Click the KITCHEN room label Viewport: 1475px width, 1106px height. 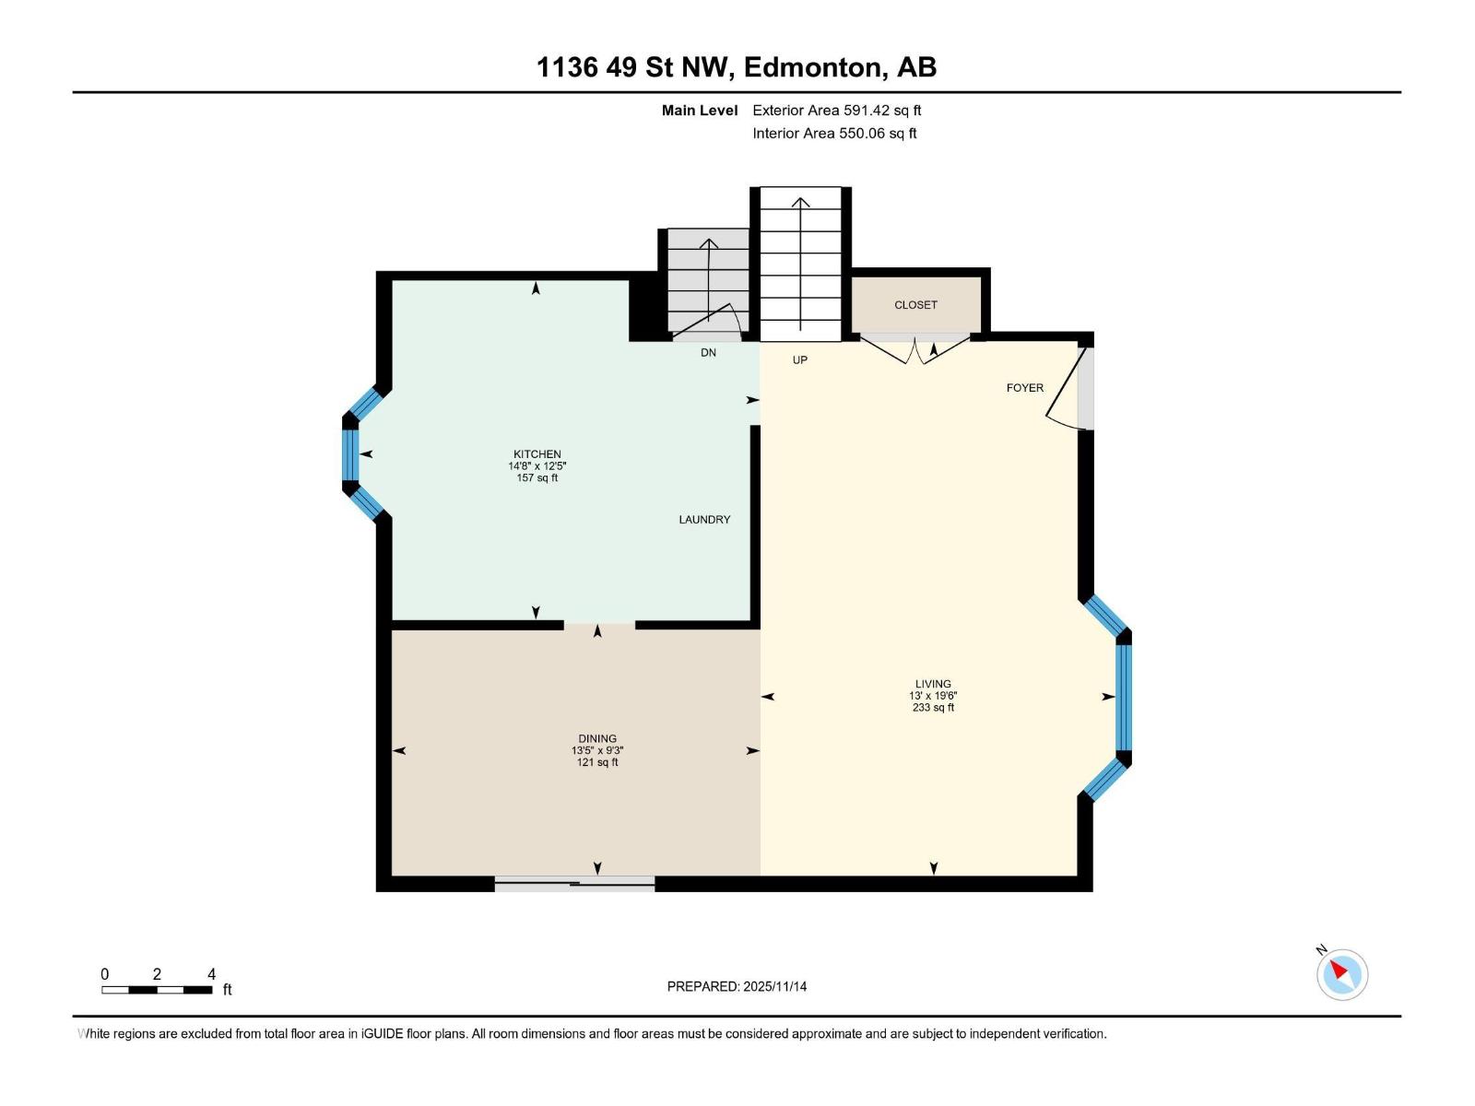pos(537,453)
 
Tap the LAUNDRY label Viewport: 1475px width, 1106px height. pos(704,520)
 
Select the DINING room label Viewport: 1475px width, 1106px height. pos(597,738)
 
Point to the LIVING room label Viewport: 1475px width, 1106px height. pos(933,684)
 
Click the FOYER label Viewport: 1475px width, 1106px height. pos(1024,388)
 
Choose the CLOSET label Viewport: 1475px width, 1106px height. pos(915,305)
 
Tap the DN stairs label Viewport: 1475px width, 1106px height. pos(708,352)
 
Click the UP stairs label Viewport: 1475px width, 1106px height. pos(799,360)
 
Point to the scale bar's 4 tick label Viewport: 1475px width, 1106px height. pos(212,974)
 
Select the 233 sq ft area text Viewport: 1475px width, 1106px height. pos(933,708)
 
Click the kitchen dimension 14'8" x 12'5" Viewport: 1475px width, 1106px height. pos(537,466)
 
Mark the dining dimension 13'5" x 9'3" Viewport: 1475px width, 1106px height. pos(597,750)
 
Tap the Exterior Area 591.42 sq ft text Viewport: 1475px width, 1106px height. pos(836,111)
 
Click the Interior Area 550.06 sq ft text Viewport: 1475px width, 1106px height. pos(834,134)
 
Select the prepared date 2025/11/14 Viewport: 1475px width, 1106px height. pos(774,986)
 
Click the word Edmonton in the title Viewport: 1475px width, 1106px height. pos(815,67)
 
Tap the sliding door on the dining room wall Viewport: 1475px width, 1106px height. pos(574,884)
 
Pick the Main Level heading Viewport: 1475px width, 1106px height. pos(700,111)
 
